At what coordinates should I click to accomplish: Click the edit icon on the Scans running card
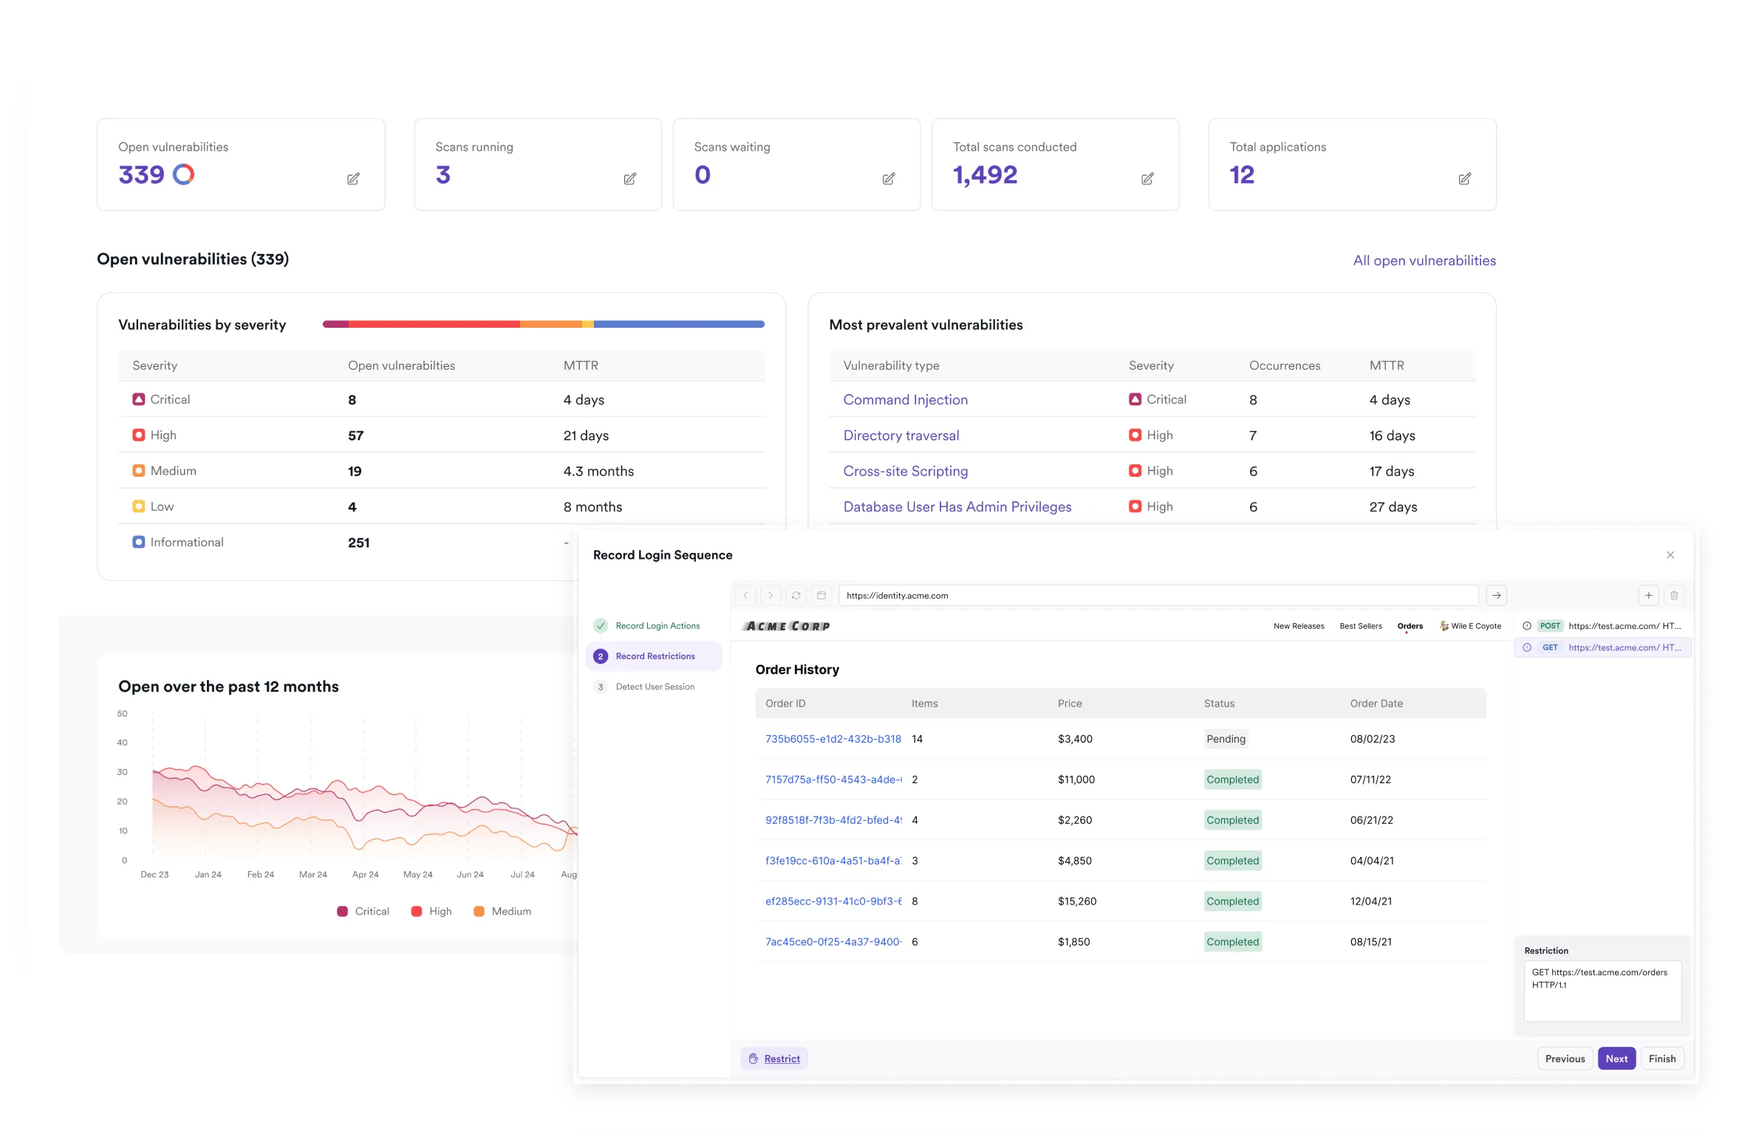pyautogui.click(x=629, y=179)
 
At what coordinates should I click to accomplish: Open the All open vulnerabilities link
pyautogui.click(x=1424, y=261)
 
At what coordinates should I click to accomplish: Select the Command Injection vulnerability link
pyautogui.click(x=905, y=399)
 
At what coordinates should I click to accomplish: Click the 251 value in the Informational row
pyautogui.click(x=358, y=543)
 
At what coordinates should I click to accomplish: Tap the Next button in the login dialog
pyautogui.click(x=1616, y=1059)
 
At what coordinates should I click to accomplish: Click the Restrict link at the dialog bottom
pyautogui.click(x=782, y=1059)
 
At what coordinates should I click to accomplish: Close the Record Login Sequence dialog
pyautogui.click(x=1670, y=555)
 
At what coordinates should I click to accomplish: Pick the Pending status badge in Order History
pyautogui.click(x=1226, y=739)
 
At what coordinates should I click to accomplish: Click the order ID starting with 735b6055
pyautogui.click(x=833, y=739)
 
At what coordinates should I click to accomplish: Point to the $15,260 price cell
pyautogui.click(x=1077, y=901)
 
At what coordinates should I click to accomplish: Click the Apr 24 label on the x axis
pyautogui.click(x=365, y=875)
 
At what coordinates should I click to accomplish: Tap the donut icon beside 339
pyautogui.click(x=183, y=174)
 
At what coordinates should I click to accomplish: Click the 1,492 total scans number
pyautogui.click(x=985, y=175)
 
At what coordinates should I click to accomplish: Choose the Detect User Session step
pyautogui.click(x=655, y=687)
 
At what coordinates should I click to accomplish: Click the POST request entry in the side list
pyautogui.click(x=1603, y=626)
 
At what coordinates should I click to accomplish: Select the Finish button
pyautogui.click(x=1662, y=1059)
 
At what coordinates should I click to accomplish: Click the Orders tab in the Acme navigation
pyautogui.click(x=1410, y=626)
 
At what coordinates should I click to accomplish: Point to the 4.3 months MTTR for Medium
pyautogui.click(x=598, y=472)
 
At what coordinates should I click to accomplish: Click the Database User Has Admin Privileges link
pyautogui.click(x=957, y=507)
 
